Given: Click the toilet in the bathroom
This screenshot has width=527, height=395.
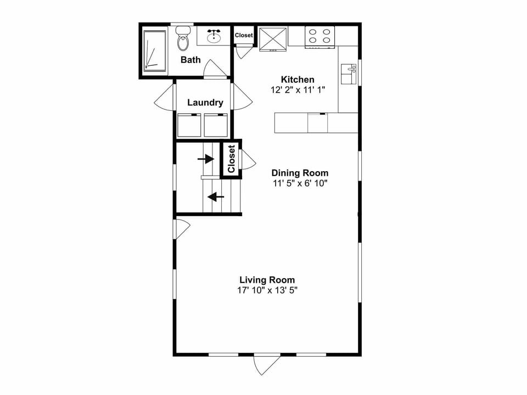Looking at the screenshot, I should coord(183,38).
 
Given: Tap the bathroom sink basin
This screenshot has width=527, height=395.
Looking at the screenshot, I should coord(214,37).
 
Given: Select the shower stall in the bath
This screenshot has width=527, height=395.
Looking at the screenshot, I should coord(154,50).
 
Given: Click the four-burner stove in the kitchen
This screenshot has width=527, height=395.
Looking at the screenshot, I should coord(320,36).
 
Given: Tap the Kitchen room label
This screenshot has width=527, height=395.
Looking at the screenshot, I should coord(298,80).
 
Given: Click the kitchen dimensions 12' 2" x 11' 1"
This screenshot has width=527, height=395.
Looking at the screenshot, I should coord(298,90).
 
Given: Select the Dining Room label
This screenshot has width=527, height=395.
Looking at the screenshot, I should coord(300,173).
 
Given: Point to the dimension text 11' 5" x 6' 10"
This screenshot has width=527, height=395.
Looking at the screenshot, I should coord(300,183).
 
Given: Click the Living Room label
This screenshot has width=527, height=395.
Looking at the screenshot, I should coord(267,279).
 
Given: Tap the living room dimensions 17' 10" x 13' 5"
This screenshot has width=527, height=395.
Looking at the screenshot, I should coord(267,290).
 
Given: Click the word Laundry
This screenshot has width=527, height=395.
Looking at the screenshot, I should coord(205,103).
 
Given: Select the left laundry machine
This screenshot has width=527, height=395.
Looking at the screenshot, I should coord(190,125).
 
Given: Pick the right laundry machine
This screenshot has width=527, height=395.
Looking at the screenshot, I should coord(216,125).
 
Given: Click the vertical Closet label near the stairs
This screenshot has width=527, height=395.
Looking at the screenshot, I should coord(231,159).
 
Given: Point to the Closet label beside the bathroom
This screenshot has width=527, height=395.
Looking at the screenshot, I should coord(244,36).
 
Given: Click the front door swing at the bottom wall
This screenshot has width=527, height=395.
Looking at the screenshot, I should coord(267,365).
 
